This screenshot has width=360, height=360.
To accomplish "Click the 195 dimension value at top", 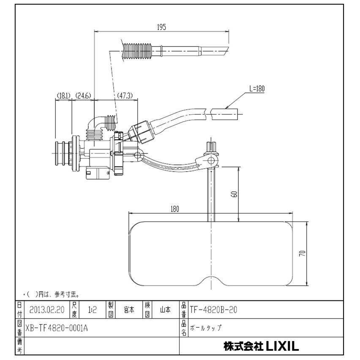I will [161, 27].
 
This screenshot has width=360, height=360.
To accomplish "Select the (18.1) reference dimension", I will [63, 96].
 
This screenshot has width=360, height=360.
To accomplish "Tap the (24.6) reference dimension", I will [83, 96].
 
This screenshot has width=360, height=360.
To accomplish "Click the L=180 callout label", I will [256, 89].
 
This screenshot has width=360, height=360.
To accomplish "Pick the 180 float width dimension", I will [175, 209].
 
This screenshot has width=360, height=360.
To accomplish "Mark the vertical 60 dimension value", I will [235, 194].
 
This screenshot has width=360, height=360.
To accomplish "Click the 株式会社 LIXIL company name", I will [261, 347].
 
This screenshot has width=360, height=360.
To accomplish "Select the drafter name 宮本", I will [129, 310].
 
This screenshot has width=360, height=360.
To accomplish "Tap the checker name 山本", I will [165, 310].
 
